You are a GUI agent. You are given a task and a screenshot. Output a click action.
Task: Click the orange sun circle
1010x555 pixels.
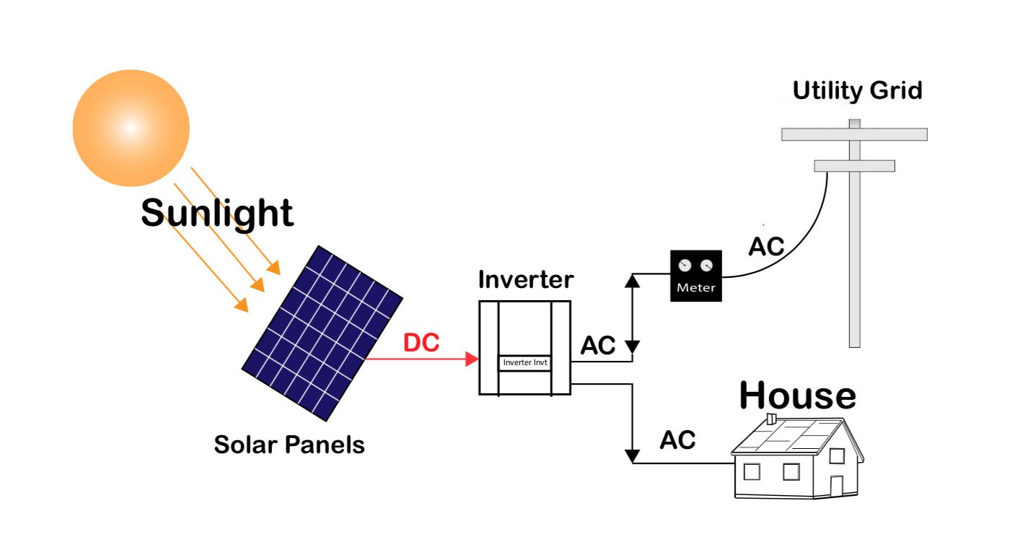pos(131,128)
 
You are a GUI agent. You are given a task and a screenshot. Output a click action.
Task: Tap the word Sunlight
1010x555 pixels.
pos(217,213)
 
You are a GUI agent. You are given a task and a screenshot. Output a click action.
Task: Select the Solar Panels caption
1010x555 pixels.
pos(289,445)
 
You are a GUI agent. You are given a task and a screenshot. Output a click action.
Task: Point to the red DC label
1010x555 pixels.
pos(421,343)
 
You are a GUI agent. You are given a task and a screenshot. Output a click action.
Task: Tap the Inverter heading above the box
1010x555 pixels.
pos(526,279)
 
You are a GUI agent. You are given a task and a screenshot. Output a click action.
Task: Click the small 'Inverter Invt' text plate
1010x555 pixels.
pos(524,362)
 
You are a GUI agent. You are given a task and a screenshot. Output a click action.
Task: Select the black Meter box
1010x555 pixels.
pos(695,276)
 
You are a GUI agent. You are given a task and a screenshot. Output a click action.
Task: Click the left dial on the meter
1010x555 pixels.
pos(684,266)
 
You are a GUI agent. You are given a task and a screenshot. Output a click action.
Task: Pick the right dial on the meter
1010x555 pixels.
pos(706,266)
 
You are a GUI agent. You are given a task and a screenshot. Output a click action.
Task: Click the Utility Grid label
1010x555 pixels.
pos(857,91)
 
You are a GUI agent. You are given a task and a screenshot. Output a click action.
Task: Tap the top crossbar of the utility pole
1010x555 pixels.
pos(854,134)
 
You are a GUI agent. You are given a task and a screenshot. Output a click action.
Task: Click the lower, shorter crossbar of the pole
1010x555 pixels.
pos(854,165)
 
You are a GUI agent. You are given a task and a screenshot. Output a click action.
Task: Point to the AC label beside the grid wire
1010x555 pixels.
pos(766,247)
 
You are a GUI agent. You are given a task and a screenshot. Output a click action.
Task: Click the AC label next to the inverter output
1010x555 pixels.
pos(597,346)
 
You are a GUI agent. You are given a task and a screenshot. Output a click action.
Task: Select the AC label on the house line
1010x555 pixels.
pos(677,440)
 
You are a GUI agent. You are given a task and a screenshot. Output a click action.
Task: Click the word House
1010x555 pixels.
pos(797,396)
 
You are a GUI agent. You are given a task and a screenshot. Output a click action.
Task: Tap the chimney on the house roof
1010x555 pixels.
pos(771,419)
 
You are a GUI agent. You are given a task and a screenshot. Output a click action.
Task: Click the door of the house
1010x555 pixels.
pos(836,485)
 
